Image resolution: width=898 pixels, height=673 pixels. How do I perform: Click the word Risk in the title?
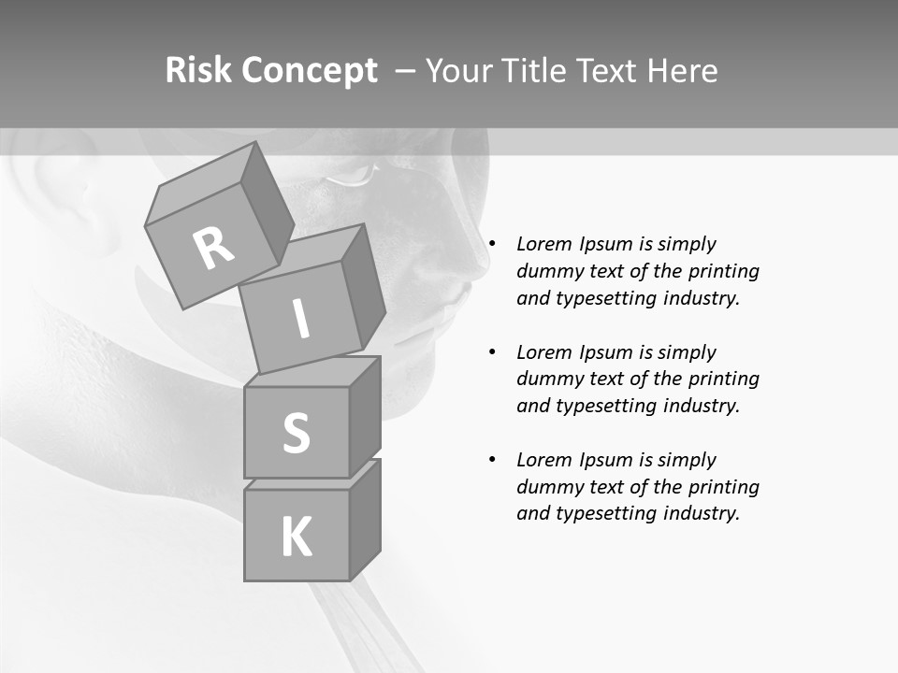click(x=198, y=71)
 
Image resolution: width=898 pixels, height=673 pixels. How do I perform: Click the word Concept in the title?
click(x=309, y=71)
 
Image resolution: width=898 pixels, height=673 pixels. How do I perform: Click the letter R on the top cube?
click(x=213, y=248)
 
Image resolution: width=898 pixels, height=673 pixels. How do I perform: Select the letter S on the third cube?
click(x=296, y=433)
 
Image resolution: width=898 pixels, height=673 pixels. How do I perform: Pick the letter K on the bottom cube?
click(x=296, y=537)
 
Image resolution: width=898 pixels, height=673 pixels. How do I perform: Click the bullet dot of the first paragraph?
click(x=492, y=244)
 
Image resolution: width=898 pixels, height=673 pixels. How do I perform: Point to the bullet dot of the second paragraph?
click(x=492, y=352)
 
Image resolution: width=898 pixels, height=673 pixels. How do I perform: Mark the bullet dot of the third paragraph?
click(x=492, y=460)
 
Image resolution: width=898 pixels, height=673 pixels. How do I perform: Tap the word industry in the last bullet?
click(x=699, y=513)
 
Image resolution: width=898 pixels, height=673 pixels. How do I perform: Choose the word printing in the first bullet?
click(x=723, y=271)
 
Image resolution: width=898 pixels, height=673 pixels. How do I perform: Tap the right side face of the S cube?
click(x=364, y=415)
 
